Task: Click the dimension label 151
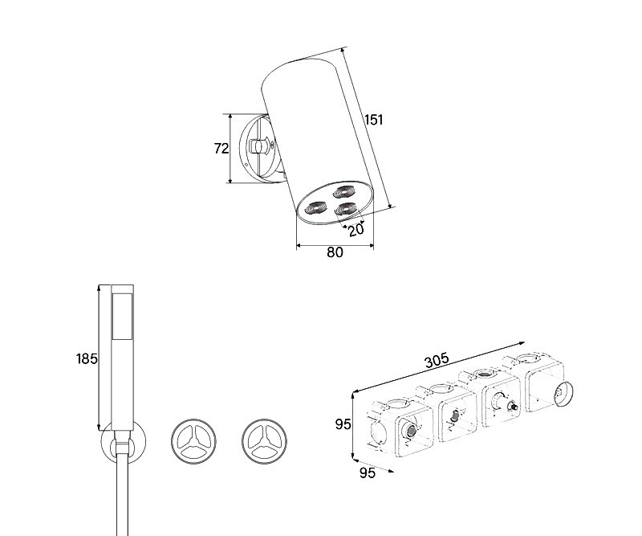374,120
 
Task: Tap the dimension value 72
221,148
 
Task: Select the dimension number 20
356,230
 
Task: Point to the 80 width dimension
335,252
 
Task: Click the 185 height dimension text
87,359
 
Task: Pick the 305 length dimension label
437,361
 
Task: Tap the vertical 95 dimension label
343,424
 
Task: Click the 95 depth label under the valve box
368,473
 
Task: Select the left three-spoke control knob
193,441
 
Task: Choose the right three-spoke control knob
264,441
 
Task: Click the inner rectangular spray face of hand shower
122,317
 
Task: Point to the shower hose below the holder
123,496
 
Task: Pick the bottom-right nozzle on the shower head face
346,209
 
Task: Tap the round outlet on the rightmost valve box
563,394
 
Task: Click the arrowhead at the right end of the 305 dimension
522,343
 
